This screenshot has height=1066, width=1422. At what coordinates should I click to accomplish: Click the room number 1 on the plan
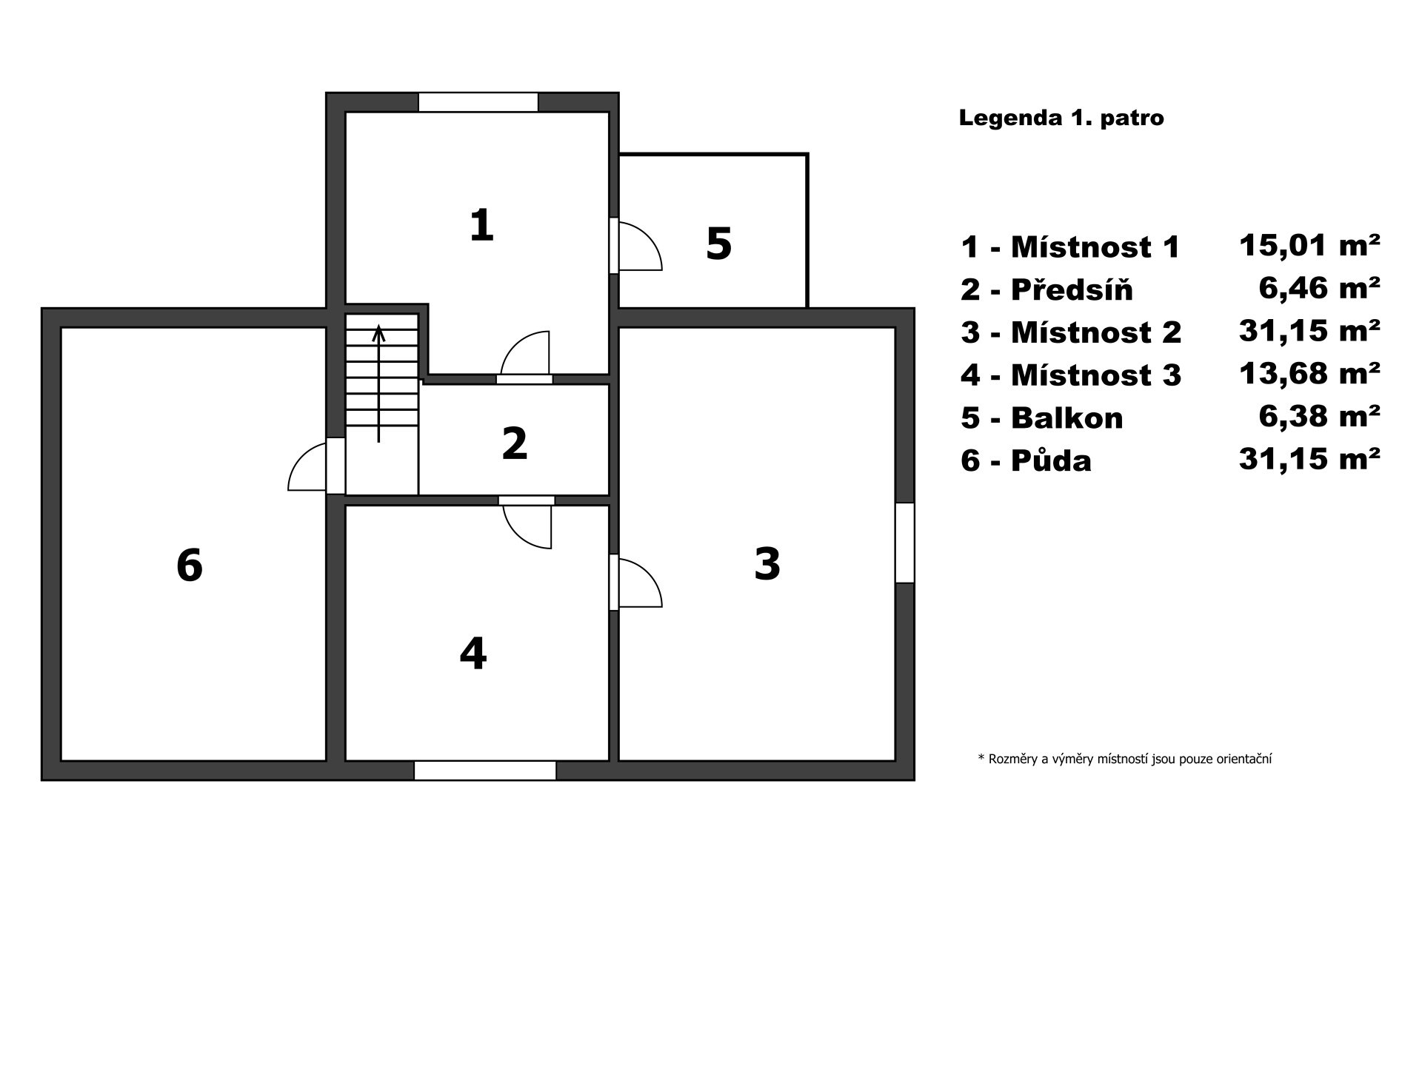coord(481,225)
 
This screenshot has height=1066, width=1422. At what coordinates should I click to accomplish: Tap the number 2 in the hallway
coord(515,443)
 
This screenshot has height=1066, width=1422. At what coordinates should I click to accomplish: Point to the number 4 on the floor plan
coord(473,653)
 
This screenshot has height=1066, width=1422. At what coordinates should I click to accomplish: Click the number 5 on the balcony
coord(719,244)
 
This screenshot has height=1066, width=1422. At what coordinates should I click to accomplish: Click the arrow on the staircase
coord(378,383)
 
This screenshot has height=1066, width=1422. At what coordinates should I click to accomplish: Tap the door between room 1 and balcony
coord(635,246)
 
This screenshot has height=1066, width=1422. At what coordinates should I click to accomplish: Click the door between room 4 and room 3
coord(635,583)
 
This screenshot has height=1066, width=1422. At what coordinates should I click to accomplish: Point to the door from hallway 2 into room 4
coord(527,522)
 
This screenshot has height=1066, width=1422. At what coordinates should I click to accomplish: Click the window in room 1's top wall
coord(478,102)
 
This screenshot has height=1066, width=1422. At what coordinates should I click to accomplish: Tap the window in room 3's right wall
coord(905,543)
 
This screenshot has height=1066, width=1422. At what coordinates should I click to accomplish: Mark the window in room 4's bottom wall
coord(485,771)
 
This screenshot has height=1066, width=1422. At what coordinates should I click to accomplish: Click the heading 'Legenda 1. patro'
coord(1061,118)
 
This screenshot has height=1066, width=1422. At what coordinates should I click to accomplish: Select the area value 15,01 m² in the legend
coord(1309,244)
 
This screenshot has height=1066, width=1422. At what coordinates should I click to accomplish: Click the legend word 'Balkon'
coord(1067,418)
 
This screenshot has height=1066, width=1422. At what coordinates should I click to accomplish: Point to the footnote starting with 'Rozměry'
coord(1125,759)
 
